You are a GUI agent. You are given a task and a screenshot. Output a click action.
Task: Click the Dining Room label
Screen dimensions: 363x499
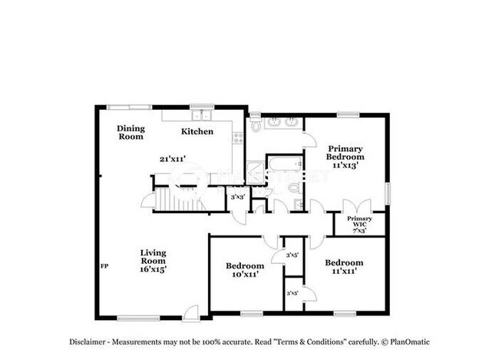coord(131,132)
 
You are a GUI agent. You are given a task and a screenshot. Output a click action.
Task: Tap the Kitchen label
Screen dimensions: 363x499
coord(197,131)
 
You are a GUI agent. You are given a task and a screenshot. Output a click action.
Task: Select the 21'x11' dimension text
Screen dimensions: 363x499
coord(172,159)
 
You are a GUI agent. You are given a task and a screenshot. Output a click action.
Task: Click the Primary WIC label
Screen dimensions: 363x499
coord(359,225)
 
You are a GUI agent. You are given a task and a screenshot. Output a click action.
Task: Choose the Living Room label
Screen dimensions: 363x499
coord(154,260)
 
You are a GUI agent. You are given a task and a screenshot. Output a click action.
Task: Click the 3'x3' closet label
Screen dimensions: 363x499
coord(238,197)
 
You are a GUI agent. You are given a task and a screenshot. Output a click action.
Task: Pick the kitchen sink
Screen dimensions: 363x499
coord(203,115)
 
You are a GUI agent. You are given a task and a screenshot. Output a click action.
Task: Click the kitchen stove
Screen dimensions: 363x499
coord(237,139)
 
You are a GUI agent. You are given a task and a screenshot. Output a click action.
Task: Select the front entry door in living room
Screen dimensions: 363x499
coord(191,312)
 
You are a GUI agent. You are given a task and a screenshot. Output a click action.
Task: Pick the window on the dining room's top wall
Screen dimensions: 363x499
coord(128,107)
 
